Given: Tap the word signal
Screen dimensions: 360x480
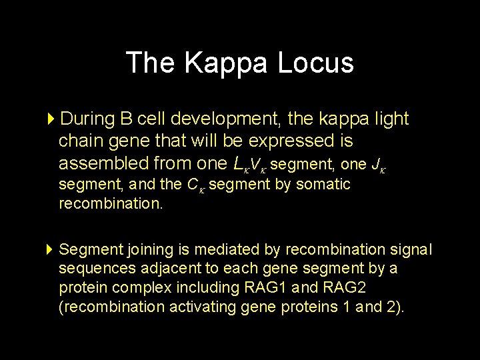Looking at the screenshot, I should click(412, 249).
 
